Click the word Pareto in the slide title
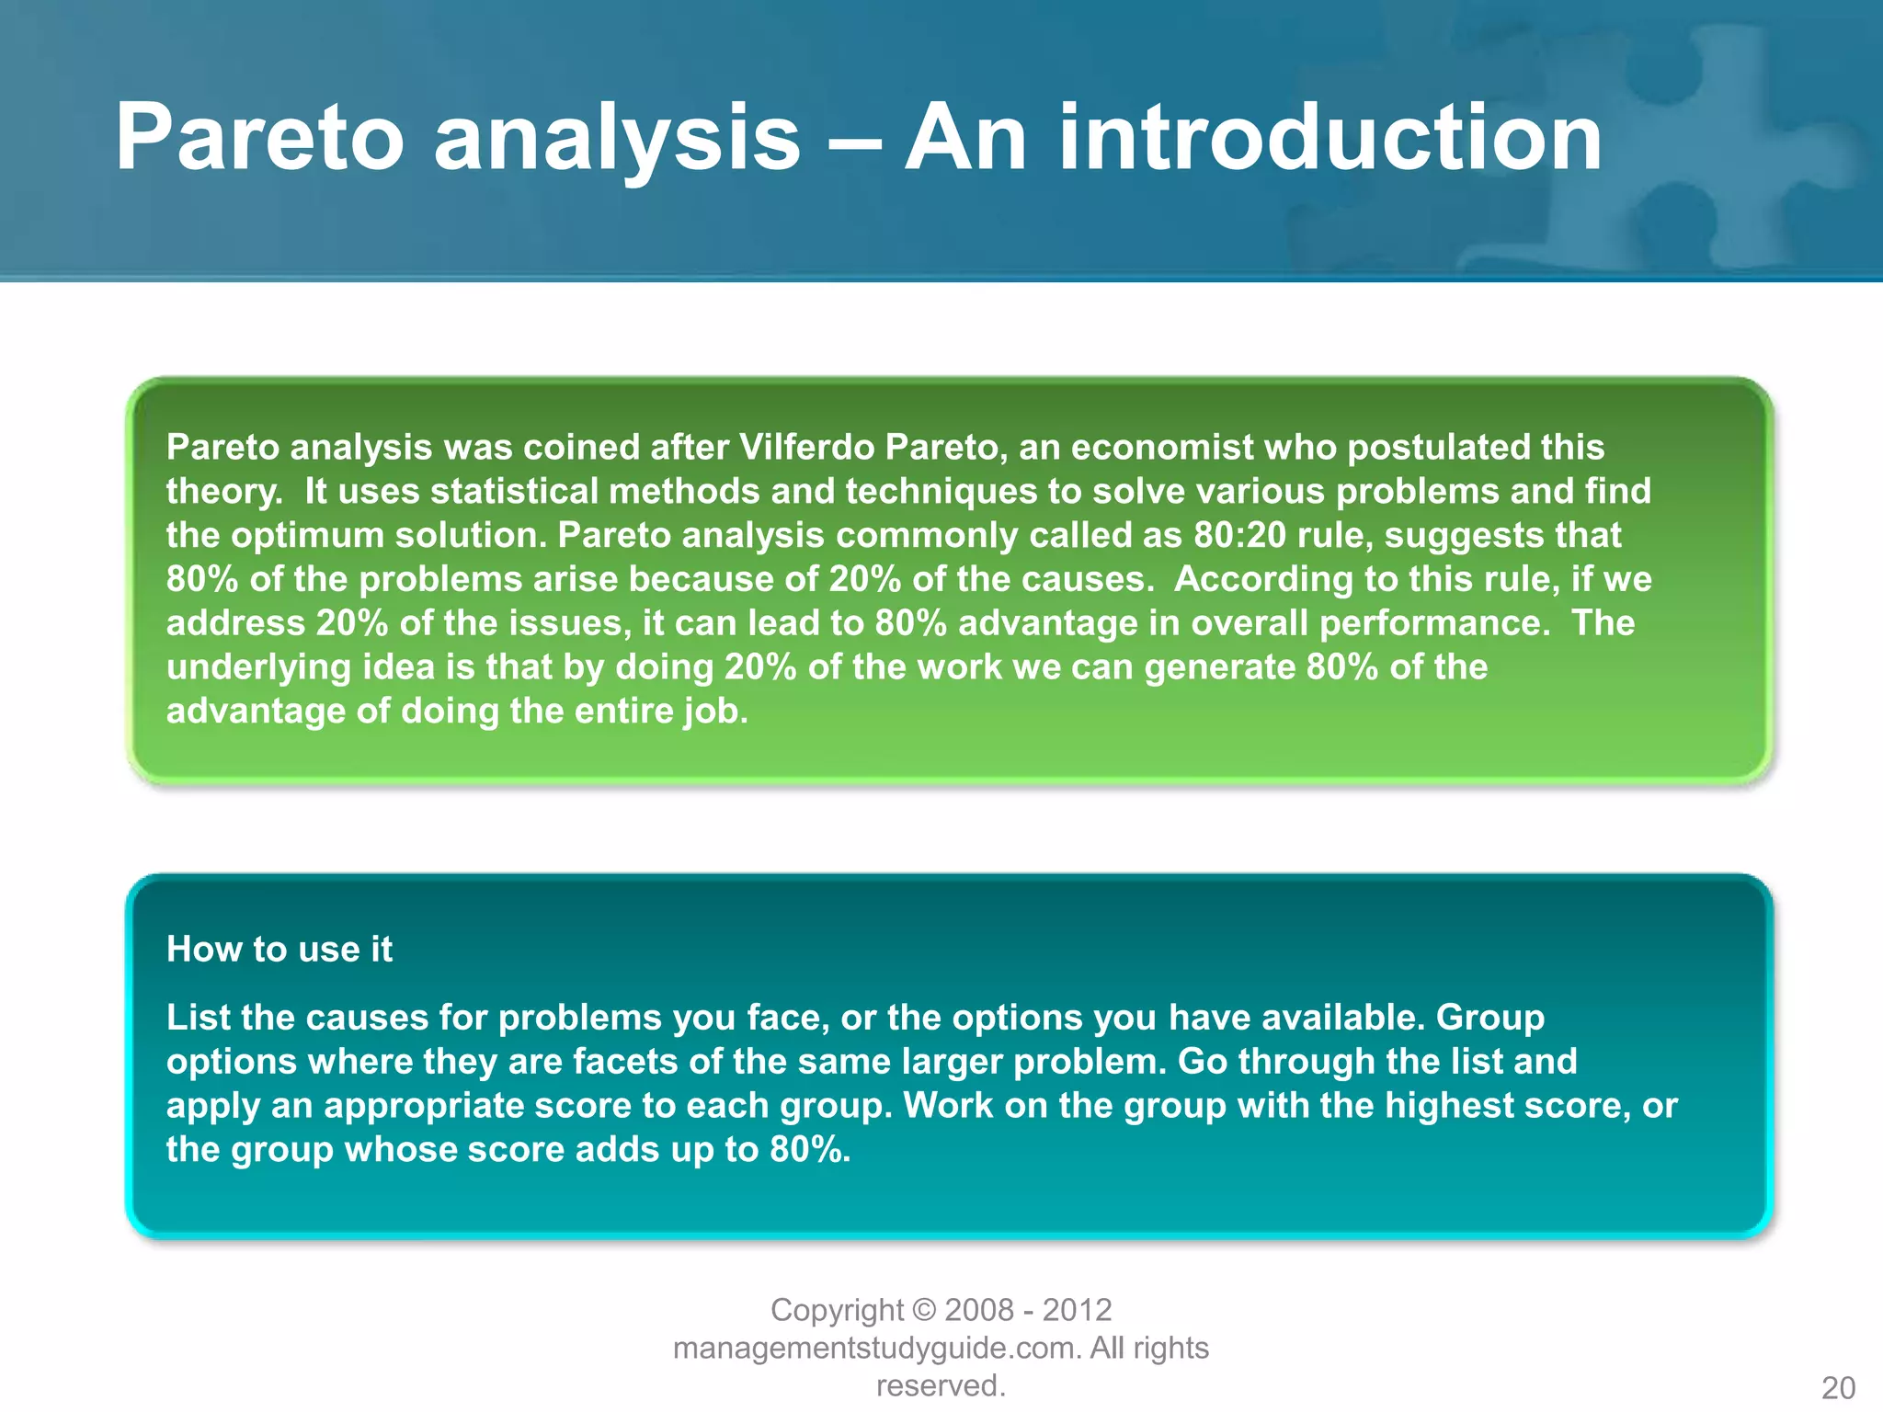pyautogui.click(x=259, y=138)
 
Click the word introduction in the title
pyautogui.click(x=1330, y=138)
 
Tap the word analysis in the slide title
pyautogui.click(x=617, y=138)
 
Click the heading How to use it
pyautogui.click(x=279, y=950)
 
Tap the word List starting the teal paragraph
pyautogui.click(x=195, y=1018)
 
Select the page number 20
pyautogui.click(x=1838, y=1387)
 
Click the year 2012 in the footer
pyautogui.click(x=1077, y=1310)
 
